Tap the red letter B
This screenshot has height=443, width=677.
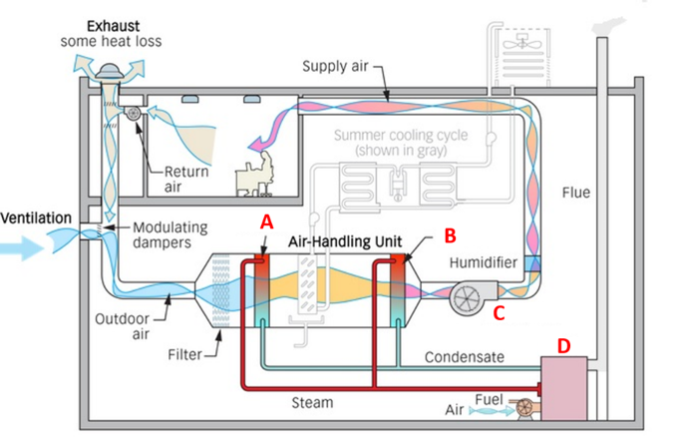[x=449, y=237]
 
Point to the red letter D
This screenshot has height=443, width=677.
[x=564, y=345]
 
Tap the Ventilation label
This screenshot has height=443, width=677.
[x=36, y=218]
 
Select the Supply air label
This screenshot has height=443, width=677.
[x=336, y=66]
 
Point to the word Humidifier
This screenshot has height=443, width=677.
[x=484, y=262]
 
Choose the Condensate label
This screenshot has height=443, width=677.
[x=465, y=356]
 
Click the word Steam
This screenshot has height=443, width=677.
[x=311, y=402]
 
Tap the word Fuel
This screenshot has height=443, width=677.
[x=489, y=399]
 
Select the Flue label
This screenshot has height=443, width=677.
[x=576, y=192]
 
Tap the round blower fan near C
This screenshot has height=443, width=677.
[x=466, y=296]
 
